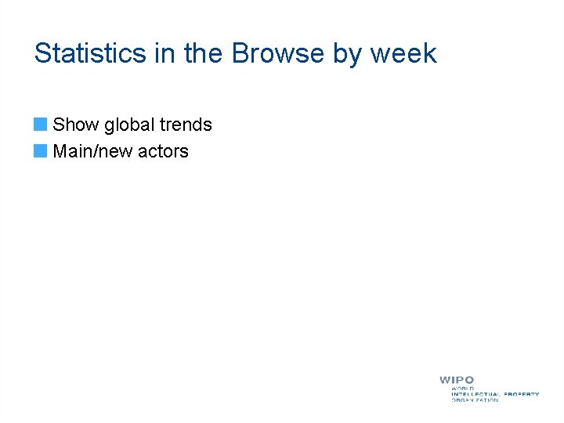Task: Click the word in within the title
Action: coord(166,53)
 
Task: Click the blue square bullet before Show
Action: coord(40,125)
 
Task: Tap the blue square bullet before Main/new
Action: coord(40,150)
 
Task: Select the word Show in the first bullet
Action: coord(75,125)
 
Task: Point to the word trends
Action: coord(186,125)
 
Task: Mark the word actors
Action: coord(164,151)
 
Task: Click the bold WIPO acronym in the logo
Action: coord(457,381)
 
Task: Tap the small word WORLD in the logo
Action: coord(462,389)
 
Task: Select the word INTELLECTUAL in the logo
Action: coord(475,394)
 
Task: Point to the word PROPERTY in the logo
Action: coord(522,394)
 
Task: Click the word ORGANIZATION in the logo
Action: coord(475,400)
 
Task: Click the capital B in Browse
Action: coord(240,53)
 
